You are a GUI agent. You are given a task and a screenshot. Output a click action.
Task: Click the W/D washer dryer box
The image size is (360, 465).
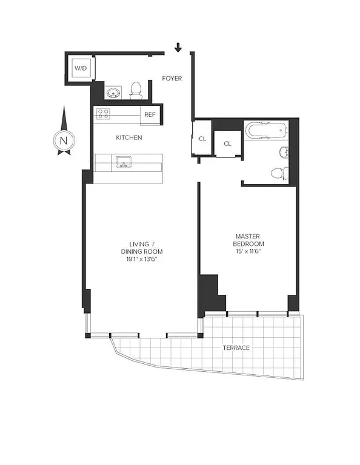point(80,68)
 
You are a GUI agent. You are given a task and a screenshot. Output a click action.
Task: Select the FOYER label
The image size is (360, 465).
point(172,79)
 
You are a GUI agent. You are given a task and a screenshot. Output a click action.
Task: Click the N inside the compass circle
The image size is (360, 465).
point(63,140)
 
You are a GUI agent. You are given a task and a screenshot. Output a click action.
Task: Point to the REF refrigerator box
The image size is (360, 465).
point(149,113)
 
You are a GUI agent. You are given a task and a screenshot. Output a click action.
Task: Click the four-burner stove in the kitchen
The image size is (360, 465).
point(103,113)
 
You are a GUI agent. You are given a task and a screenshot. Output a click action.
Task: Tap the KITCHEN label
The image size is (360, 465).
point(128,137)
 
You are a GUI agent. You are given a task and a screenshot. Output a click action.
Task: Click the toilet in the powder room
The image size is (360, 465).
point(136,91)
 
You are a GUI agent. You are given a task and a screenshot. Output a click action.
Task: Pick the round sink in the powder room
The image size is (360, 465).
point(112,93)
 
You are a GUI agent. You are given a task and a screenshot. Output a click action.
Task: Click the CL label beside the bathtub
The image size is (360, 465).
point(227,144)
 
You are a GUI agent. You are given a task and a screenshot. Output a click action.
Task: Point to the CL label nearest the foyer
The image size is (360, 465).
point(202,138)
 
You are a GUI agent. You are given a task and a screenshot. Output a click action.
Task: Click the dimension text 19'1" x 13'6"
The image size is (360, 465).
point(142,259)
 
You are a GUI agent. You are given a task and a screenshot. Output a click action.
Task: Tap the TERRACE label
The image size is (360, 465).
point(235,348)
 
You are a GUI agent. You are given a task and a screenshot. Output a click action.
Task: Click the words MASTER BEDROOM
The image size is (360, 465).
point(249,240)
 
